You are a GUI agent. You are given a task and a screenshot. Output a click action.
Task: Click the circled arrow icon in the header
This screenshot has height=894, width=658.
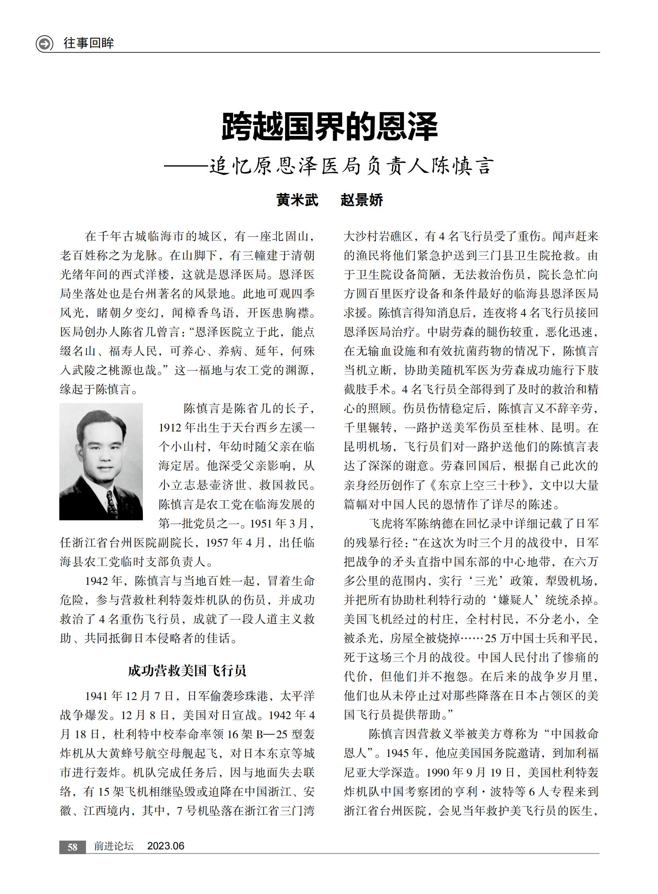pyautogui.click(x=44, y=43)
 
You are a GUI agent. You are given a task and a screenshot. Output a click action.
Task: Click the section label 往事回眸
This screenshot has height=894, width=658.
pyautogui.click(x=89, y=43)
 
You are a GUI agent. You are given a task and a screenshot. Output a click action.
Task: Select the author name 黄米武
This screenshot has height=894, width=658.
pyautogui.click(x=297, y=200)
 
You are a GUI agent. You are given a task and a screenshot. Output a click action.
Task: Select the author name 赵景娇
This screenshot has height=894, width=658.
pyautogui.click(x=362, y=200)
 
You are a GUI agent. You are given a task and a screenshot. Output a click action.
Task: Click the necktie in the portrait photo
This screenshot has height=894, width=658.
pyautogui.click(x=111, y=503)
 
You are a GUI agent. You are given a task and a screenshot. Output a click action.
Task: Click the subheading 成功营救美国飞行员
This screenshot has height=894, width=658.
pyautogui.click(x=187, y=671)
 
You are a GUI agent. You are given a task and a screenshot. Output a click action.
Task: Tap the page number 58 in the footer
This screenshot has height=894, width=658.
pyautogui.click(x=72, y=847)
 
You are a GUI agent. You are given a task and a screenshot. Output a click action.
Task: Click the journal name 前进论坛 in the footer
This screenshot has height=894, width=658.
pyautogui.click(x=113, y=846)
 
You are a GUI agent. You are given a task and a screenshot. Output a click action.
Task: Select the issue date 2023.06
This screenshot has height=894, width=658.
pyautogui.click(x=166, y=846)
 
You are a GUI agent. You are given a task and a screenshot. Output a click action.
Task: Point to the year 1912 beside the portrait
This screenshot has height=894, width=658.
pyautogui.click(x=172, y=427)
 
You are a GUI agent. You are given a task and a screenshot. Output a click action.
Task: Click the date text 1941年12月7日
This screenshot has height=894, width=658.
pyautogui.click(x=130, y=696)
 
